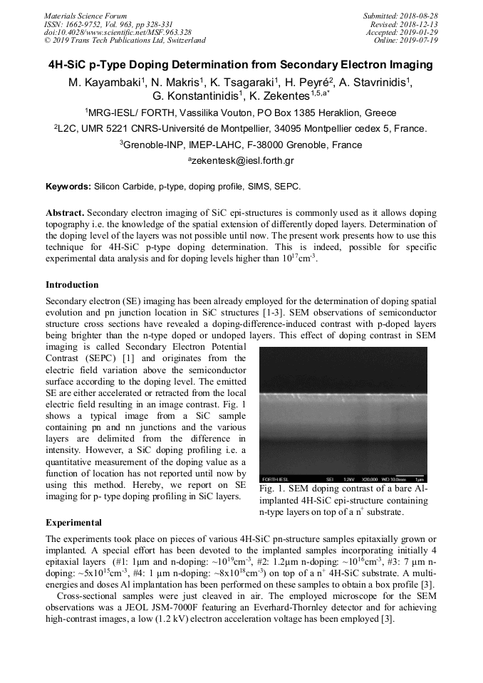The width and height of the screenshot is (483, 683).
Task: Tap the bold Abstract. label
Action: tap(65, 213)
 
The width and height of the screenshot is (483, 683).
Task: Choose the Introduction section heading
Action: tap(72, 284)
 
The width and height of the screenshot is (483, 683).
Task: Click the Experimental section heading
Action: tap(73, 523)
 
